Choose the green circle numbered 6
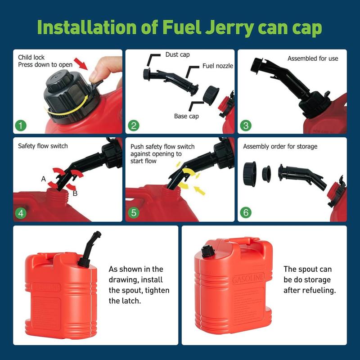tap(246, 212)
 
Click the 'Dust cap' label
tap(178, 55)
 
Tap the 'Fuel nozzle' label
tap(218, 66)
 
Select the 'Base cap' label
tap(187, 116)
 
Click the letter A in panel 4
tap(44, 179)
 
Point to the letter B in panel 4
tap(75, 193)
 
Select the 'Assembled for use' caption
tap(313, 58)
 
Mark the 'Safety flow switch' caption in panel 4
tap(43, 146)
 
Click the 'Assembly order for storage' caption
tap(280, 146)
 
